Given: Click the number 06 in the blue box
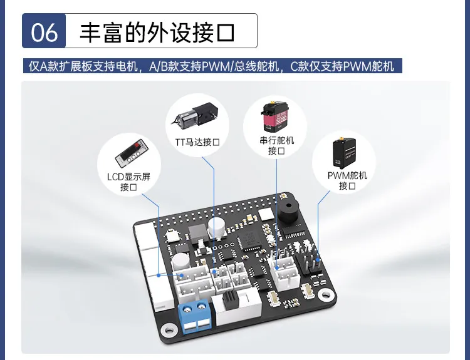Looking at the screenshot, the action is pos(44,32).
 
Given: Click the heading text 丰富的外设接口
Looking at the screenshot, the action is pos(157,32).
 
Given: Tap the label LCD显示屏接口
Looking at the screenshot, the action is pos(128,182).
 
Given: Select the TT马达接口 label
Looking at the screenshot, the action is pos(197,141).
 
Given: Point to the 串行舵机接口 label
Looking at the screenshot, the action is pos(276,145).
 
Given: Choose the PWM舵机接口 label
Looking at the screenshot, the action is pos(347,180).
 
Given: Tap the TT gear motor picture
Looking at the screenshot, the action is pos(196,115).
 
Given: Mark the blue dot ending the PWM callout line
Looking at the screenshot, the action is pos(318,260).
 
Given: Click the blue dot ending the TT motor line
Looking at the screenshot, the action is pos(214,272).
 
